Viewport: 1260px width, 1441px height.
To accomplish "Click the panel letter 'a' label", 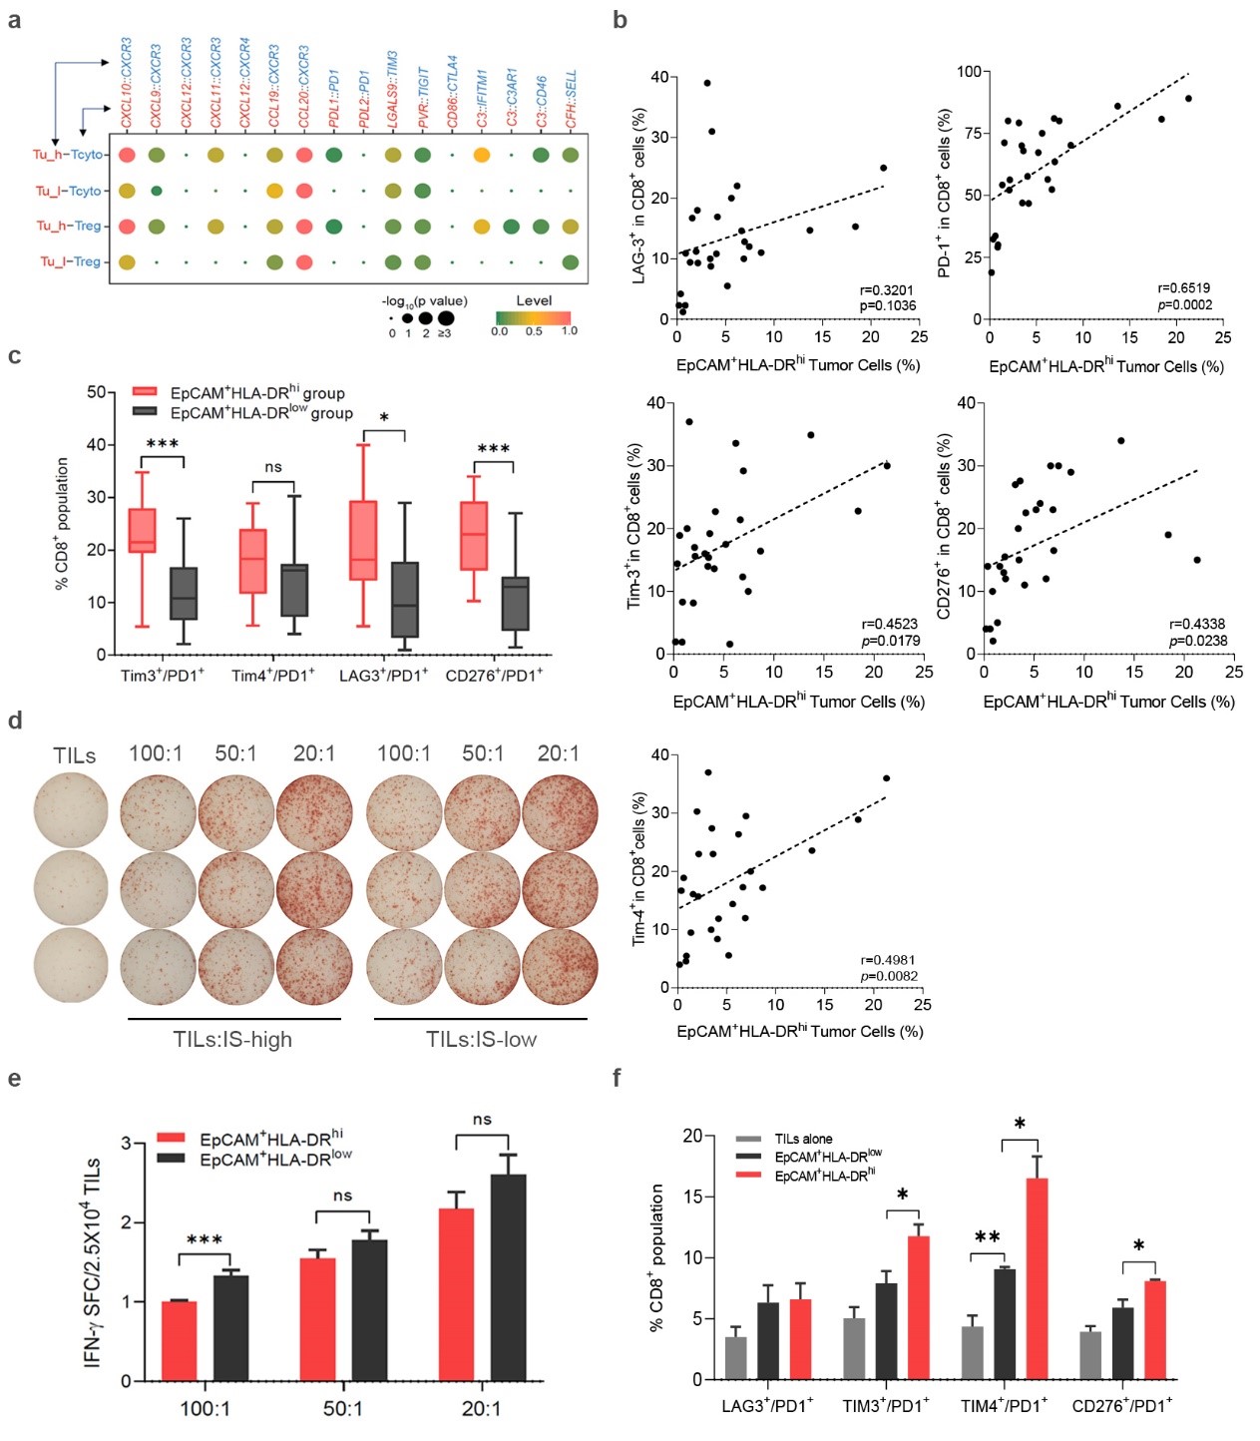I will [x=14, y=19].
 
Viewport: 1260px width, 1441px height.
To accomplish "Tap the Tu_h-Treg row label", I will [x=69, y=226].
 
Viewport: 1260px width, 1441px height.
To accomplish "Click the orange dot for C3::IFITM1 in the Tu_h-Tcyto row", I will [x=481, y=155].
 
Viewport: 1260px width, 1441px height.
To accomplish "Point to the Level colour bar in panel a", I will [x=534, y=317].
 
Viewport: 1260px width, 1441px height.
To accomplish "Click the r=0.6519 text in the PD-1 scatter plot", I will [x=1184, y=288].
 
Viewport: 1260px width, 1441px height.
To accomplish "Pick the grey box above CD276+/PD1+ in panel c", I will [x=515, y=603].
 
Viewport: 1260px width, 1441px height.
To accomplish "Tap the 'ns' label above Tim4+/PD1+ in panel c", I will [x=273, y=467].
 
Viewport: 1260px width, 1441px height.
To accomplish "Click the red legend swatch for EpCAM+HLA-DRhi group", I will [x=146, y=392].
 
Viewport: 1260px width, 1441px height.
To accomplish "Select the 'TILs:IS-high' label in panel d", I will [x=232, y=1040].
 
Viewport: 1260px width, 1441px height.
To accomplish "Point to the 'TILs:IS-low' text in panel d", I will [x=481, y=1040].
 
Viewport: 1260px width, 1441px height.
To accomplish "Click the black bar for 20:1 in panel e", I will [x=508, y=1277].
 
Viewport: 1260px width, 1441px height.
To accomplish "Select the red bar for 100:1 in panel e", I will [x=180, y=1340].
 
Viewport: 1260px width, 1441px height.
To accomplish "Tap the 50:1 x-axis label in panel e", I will [x=343, y=1408].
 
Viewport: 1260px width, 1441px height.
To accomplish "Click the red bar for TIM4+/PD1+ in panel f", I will [x=1037, y=1278].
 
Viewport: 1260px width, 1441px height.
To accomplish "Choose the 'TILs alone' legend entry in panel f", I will [x=803, y=1139].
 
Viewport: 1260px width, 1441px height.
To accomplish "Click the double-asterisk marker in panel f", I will [x=987, y=1237].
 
